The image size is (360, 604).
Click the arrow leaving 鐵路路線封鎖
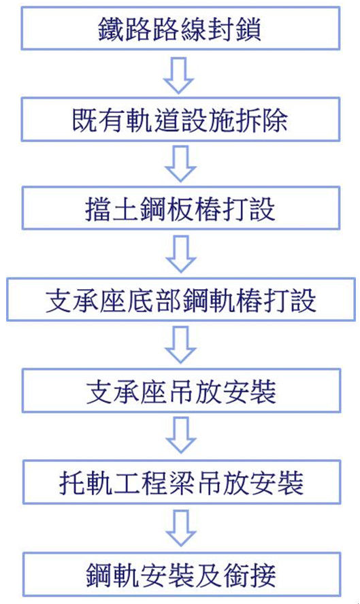click(178, 75)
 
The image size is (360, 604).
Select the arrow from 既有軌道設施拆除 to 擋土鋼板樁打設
click(180, 163)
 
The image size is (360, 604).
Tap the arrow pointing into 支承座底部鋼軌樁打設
click(181, 254)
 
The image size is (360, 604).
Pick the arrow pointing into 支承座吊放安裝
click(180, 345)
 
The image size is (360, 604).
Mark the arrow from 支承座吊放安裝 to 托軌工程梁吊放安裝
click(181, 435)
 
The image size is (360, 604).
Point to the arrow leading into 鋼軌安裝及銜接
click(181, 527)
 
